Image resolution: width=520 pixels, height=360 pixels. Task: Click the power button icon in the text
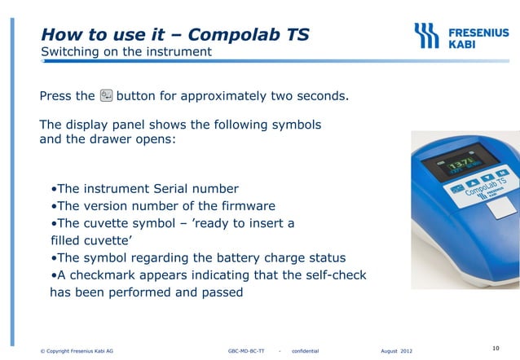coord(106,97)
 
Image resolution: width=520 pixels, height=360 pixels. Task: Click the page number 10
coord(496,349)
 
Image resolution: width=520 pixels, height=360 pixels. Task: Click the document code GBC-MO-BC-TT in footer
coord(246,351)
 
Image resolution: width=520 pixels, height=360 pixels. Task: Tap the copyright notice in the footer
coord(77,351)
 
